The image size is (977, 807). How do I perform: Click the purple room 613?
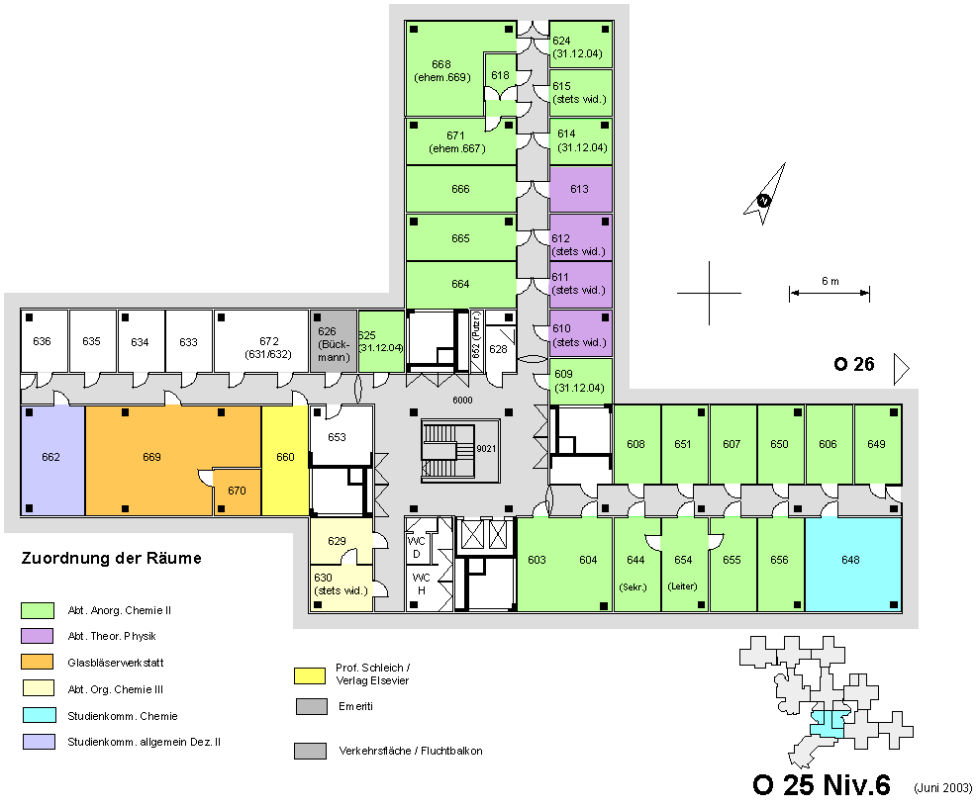tap(580, 189)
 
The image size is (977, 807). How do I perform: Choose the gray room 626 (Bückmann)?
tap(334, 341)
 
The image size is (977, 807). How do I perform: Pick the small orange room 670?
tap(237, 492)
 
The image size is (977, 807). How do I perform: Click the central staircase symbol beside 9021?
tap(448, 451)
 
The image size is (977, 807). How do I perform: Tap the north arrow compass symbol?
tap(765, 194)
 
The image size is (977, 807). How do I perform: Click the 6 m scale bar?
tap(830, 293)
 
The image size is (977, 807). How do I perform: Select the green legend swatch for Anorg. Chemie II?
tap(38, 610)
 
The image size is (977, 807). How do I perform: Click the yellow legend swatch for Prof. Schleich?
tap(310, 675)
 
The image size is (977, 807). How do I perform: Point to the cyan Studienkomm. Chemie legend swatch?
tap(40, 715)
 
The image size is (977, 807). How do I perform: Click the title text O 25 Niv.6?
tap(822, 785)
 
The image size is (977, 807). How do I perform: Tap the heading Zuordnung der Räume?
tap(112, 558)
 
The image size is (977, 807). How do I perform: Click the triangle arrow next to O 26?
tap(902, 369)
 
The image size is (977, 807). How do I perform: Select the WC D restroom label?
tap(416, 547)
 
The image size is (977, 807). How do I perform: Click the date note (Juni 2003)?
tap(942, 787)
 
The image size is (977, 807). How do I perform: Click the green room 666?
tap(461, 189)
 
